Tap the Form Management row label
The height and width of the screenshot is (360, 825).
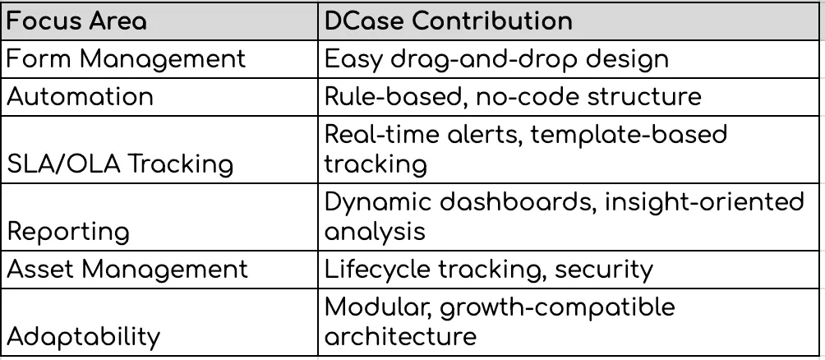[x=127, y=59]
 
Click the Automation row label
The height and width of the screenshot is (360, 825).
[x=81, y=97]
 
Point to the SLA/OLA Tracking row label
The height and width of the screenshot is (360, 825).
[x=120, y=164]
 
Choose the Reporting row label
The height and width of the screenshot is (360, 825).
[x=69, y=232]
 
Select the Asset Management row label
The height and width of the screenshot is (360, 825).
[x=127, y=269]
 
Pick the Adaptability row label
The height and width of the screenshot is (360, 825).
[x=83, y=336]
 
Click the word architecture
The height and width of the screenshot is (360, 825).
[x=400, y=336]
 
